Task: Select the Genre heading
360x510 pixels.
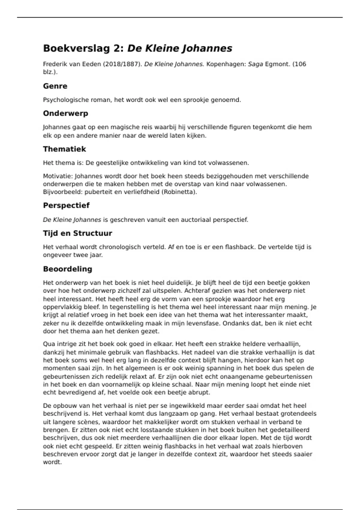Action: pos(55,86)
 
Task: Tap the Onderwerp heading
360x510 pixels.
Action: pos(65,113)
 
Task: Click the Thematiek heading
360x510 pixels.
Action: pos(64,149)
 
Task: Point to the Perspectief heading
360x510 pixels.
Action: pos(66,205)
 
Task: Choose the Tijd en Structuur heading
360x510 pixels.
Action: pos(77,233)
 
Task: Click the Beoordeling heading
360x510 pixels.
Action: pos(67,269)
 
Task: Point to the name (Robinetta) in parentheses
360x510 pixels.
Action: pos(179,192)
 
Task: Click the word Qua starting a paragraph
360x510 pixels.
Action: pos(49,344)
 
